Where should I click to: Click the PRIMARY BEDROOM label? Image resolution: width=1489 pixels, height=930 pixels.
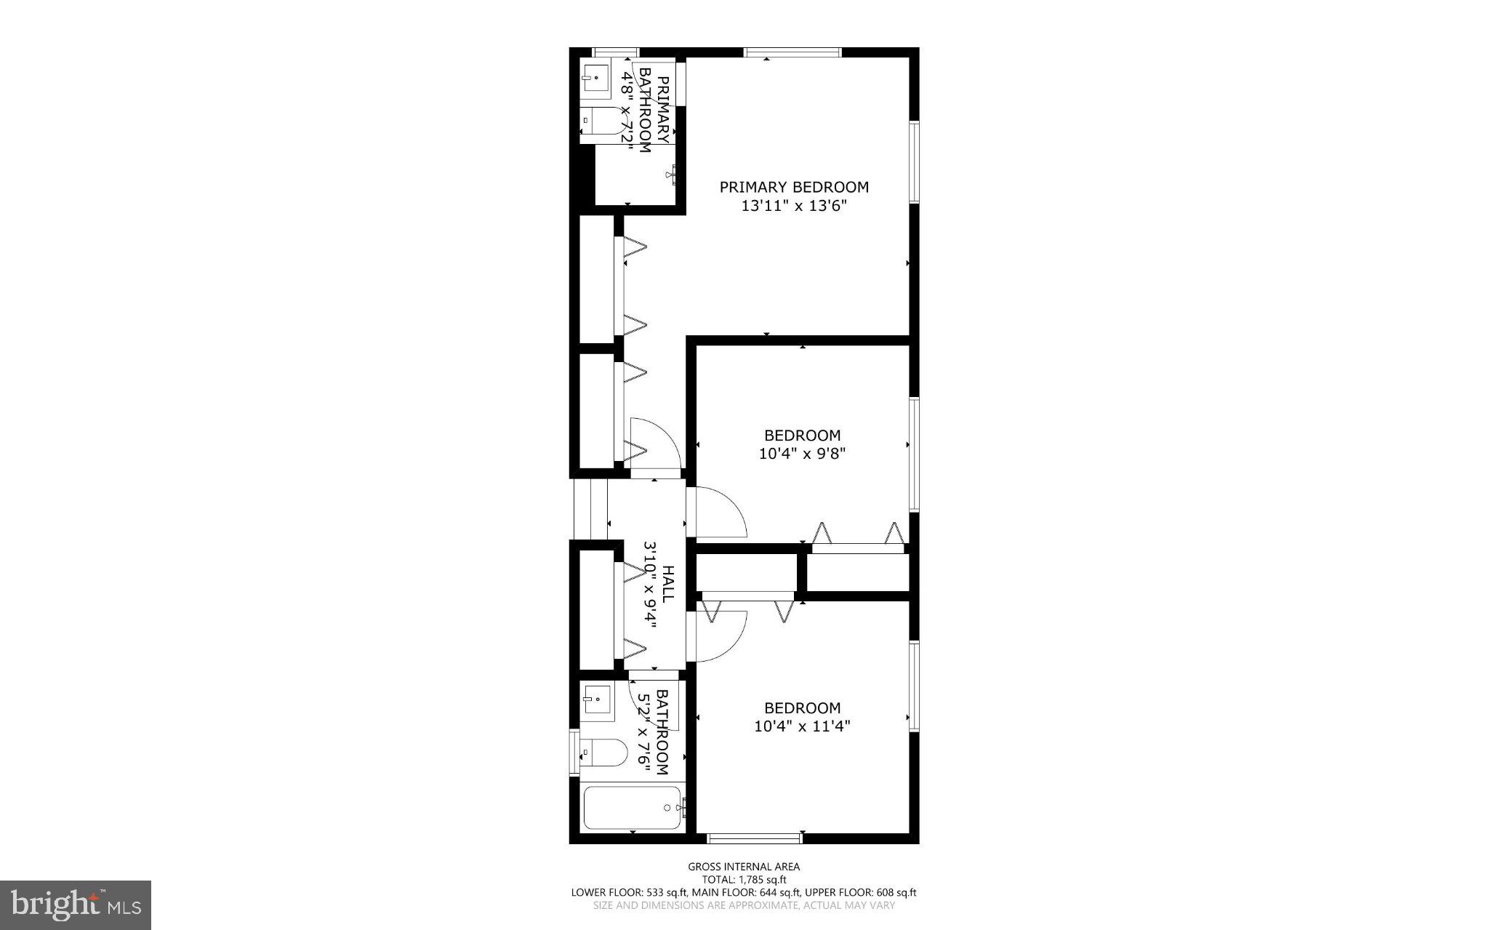coord(794,187)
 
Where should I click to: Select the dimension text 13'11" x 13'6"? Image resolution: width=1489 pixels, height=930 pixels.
coord(794,206)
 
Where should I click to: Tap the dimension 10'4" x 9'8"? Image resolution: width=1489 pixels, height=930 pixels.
coord(802,454)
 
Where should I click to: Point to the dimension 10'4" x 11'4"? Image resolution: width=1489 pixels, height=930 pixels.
coord(802,726)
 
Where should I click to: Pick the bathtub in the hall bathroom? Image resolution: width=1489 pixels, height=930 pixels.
coord(633,808)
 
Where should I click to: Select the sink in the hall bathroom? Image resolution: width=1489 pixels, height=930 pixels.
coord(596,699)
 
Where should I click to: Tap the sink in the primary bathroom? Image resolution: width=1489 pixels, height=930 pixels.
coord(596,78)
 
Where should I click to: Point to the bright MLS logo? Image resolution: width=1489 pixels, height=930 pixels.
coord(76,905)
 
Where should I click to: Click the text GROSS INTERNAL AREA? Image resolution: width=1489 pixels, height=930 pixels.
coord(744,866)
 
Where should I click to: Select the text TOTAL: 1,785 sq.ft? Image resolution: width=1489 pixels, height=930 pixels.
coord(744,879)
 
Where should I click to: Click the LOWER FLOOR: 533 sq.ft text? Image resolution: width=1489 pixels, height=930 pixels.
coord(629,892)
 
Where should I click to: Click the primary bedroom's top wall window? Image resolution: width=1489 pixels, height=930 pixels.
coord(792,52)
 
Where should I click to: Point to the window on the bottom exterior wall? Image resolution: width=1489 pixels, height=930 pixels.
coord(755,838)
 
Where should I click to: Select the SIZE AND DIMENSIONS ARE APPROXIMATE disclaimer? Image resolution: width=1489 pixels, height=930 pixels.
coord(744,905)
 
